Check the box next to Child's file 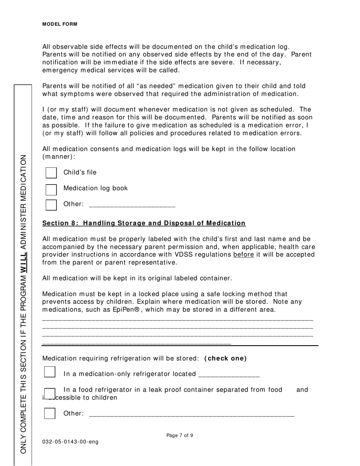51,173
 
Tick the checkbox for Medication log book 51,189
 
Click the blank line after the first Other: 132,205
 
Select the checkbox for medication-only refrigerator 50,372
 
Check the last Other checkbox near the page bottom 50,413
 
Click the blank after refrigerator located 229,375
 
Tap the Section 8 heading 144,223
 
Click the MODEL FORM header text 60,24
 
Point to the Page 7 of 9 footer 180,436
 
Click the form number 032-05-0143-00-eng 70,442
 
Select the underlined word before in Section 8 243,255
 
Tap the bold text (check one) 225,358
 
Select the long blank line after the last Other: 191,415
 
